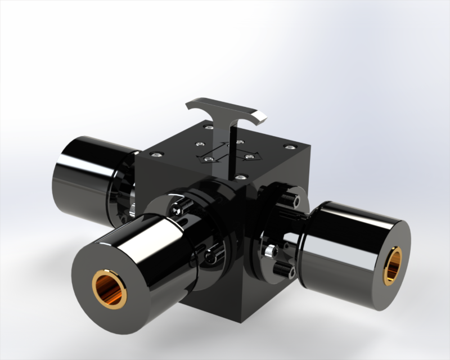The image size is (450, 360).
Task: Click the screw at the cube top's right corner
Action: (x=289, y=147)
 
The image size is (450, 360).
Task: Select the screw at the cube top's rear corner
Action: (x=209, y=128)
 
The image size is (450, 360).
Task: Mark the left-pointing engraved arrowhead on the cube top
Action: (x=201, y=159)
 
